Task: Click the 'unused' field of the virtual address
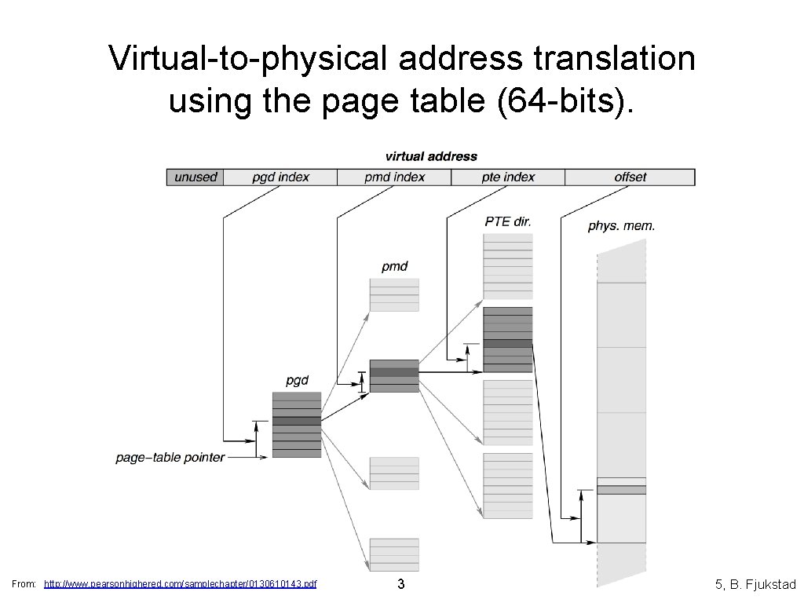(x=195, y=177)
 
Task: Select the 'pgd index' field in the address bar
(x=280, y=177)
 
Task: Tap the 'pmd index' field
(x=394, y=177)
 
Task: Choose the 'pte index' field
(x=508, y=177)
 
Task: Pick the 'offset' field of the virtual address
(x=630, y=177)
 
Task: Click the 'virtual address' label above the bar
(x=431, y=156)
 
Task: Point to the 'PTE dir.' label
(x=508, y=221)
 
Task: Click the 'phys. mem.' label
(x=621, y=226)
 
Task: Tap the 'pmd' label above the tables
(x=394, y=266)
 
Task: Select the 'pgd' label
(x=297, y=381)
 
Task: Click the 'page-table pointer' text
(x=170, y=457)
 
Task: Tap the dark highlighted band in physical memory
(x=621, y=490)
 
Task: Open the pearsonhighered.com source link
(x=181, y=584)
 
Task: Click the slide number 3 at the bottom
(x=401, y=584)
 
